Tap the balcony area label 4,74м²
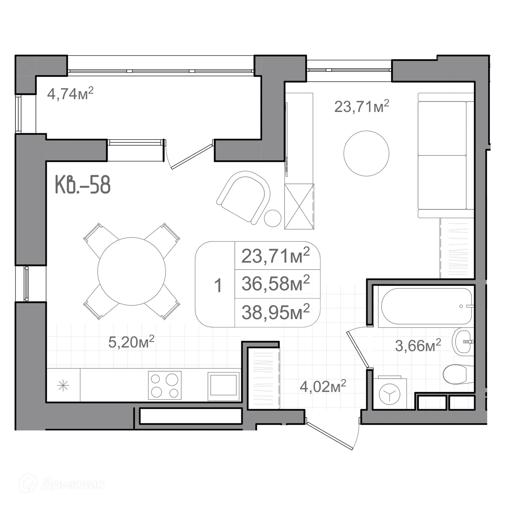(x=70, y=94)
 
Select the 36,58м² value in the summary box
(x=275, y=283)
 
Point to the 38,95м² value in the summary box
(x=275, y=312)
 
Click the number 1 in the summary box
(x=218, y=285)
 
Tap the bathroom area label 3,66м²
(x=418, y=346)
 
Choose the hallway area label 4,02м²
(x=323, y=386)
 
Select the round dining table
(x=132, y=271)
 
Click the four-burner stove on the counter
(x=165, y=385)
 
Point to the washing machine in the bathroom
(x=389, y=394)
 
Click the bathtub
(x=426, y=306)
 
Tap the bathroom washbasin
(x=463, y=342)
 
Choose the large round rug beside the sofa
(x=366, y=153)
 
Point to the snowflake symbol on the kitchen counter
(x=63, y=385)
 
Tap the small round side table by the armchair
(x=272, y=218)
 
